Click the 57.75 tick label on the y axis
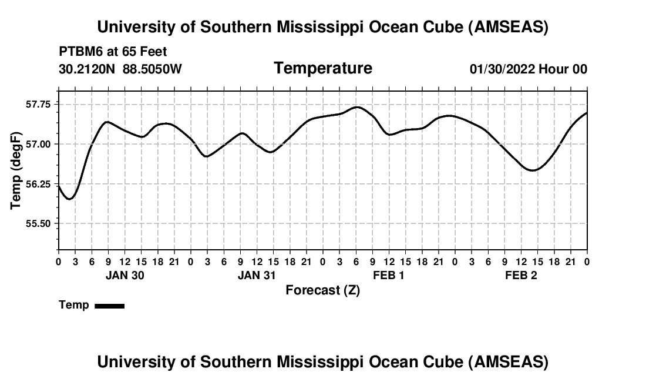point(39,104)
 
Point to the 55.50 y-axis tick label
point(39,223)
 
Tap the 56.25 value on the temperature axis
point(39,184)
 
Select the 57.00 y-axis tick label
point(39,144)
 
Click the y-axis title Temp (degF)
point(16,170)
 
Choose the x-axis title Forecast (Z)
point(322,290)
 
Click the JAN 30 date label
point(125,276)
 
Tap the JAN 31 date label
point(257,276)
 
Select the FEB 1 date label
point(389,276)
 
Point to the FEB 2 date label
point(521,276)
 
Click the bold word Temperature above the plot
point(323,68)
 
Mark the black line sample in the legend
point(109,306)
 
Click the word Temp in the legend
point(74,305)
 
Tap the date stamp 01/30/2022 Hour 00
point(529,69)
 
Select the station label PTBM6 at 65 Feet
point(113,52)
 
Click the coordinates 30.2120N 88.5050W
point(120,69)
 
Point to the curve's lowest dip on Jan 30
point(69,199)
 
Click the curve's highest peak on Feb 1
point(356,107)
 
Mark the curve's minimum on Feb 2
point(533,170)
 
